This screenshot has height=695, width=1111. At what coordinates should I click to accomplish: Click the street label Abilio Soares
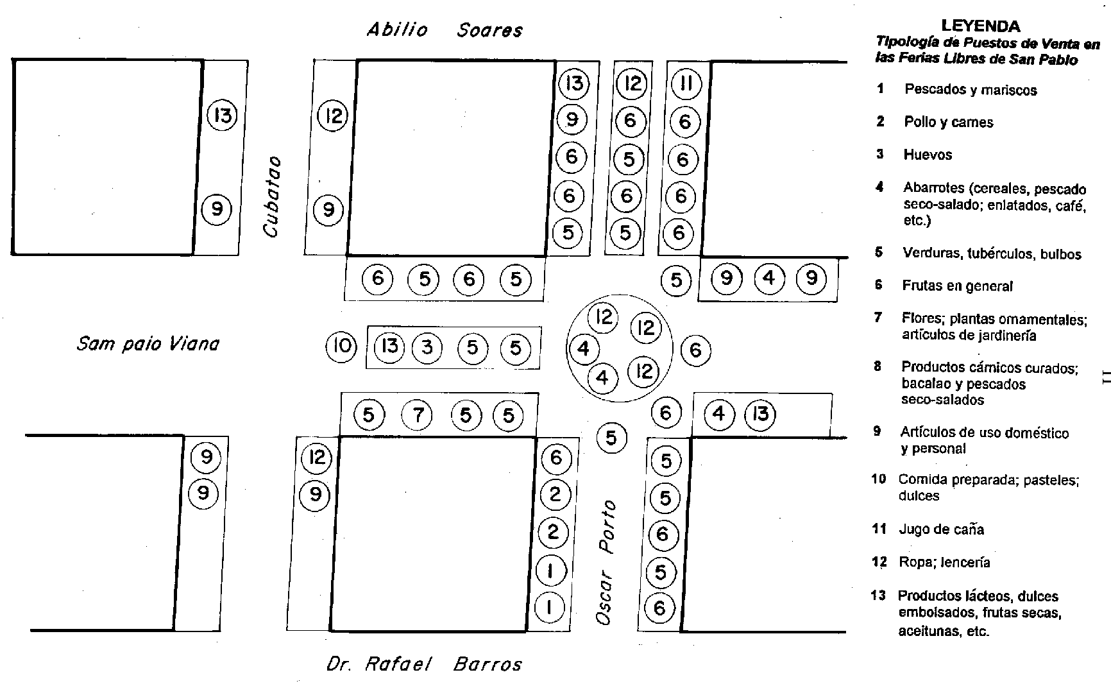pyautogui.click(x=445, y=30)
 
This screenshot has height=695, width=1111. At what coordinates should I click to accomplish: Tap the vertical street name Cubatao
pyautogui.click(x=273, y=196)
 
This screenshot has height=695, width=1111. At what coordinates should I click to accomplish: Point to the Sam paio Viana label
pyautogui.click(x=148, y=344)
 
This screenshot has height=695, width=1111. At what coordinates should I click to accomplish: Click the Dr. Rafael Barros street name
pyautogui.click(x=424, y=664)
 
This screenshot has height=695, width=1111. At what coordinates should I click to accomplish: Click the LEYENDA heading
pyautogui.click(x=981, y=26)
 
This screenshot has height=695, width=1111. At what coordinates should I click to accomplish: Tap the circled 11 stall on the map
pyautogui.click(x=686, y=83)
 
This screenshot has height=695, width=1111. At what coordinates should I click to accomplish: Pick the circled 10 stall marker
pyautogui.click(x=342, y=347)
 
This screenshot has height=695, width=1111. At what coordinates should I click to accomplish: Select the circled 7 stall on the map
pyautogui.click(x=418, y=416)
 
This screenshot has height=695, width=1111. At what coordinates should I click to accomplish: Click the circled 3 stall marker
pyautogui.click(x=427, y=348)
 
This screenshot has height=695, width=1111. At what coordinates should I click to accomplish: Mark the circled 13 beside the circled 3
pyautogui.click(x=389, y=347)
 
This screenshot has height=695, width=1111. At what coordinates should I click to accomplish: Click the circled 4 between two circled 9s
pyautogui.click(x=769, y=278)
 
